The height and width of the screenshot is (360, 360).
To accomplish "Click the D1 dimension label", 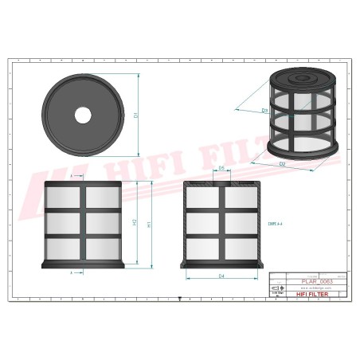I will tap(136, 115).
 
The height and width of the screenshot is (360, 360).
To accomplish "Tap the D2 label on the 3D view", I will tap(282, 164).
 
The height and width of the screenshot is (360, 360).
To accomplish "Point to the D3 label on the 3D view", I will tap(242, 110).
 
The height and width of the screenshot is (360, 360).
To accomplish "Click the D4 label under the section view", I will tap(221, 276).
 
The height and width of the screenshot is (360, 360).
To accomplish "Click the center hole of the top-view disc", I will tap(83, 115).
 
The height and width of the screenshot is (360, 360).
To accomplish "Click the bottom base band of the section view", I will tap(221, 264).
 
